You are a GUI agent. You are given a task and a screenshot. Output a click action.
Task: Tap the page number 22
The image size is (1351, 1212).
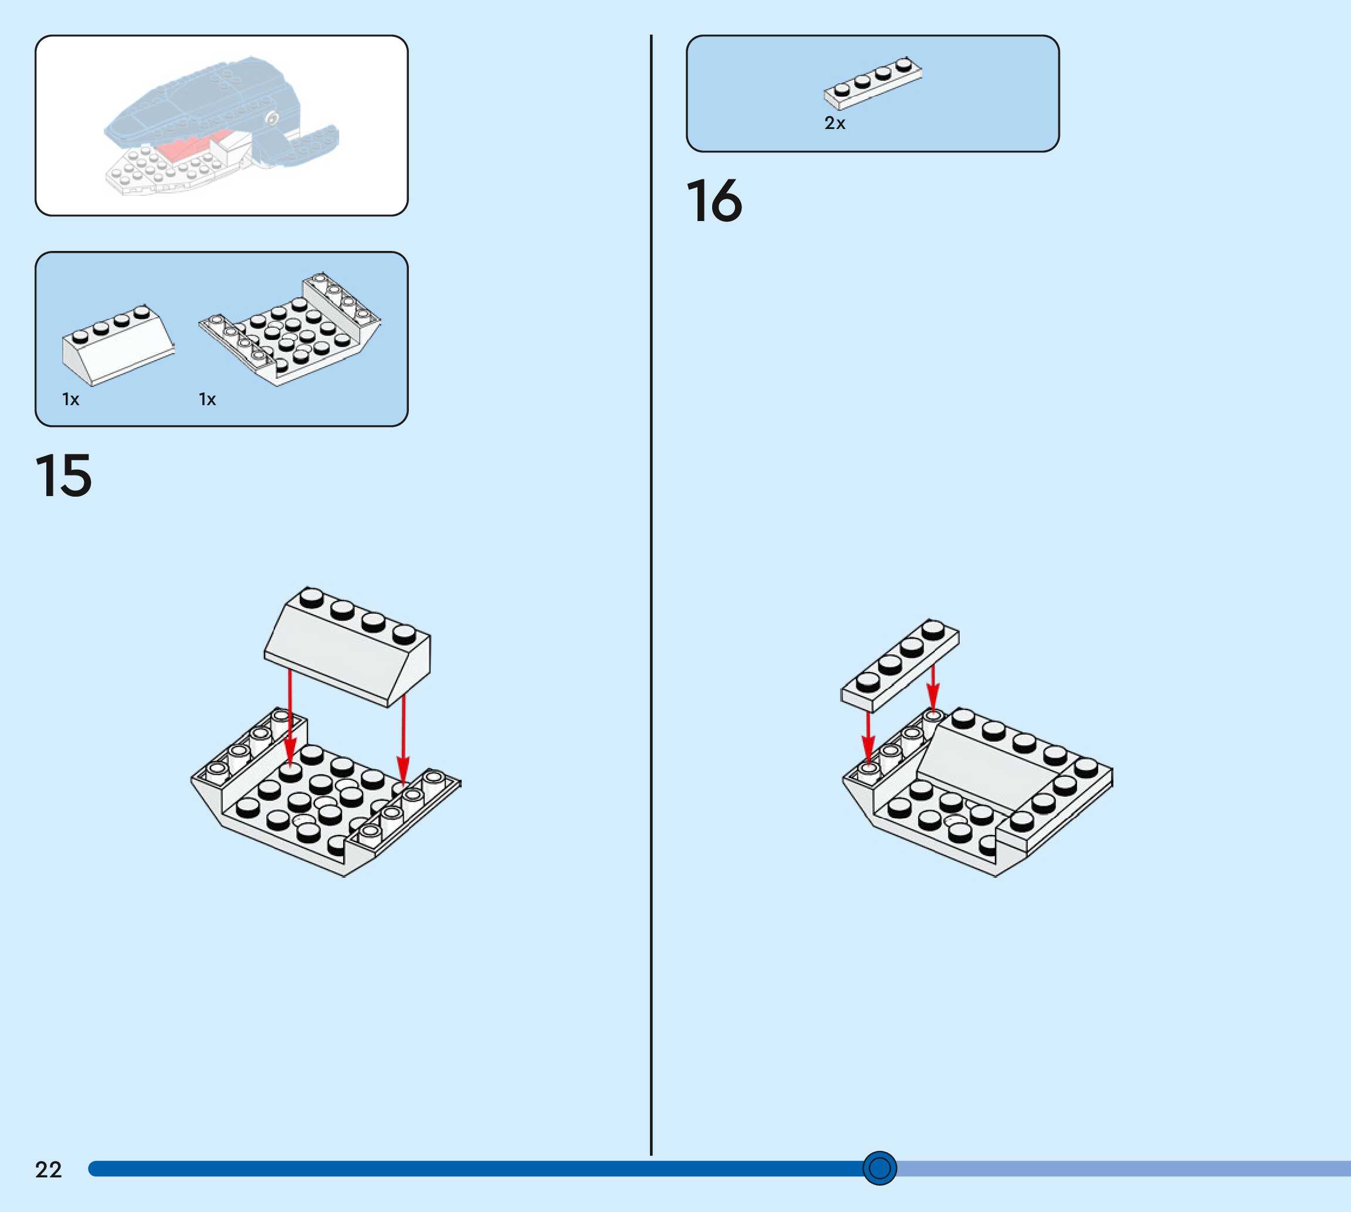[x=48, y=1169]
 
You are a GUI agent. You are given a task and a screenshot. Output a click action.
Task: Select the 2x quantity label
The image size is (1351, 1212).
[x=835, y=123]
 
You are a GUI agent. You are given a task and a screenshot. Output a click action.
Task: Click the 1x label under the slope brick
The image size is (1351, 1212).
[x=70, y=399]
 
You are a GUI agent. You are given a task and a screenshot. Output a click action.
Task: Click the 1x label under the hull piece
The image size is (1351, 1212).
[x=207, y=399]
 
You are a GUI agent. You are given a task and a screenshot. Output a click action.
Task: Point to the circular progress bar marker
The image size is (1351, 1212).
[x=879, y=1168]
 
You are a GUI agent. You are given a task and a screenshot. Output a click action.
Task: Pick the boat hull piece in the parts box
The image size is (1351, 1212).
[x=291, y=330]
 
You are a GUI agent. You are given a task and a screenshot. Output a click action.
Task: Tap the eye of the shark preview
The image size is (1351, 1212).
[x=272, y=119]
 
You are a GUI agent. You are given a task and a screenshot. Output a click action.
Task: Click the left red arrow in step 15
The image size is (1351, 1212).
[x=290, y=719]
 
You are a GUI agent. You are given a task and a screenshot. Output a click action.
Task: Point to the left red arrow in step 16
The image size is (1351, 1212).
[x=868, y=736]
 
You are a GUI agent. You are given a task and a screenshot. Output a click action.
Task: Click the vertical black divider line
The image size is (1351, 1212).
[x=651, y=599]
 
